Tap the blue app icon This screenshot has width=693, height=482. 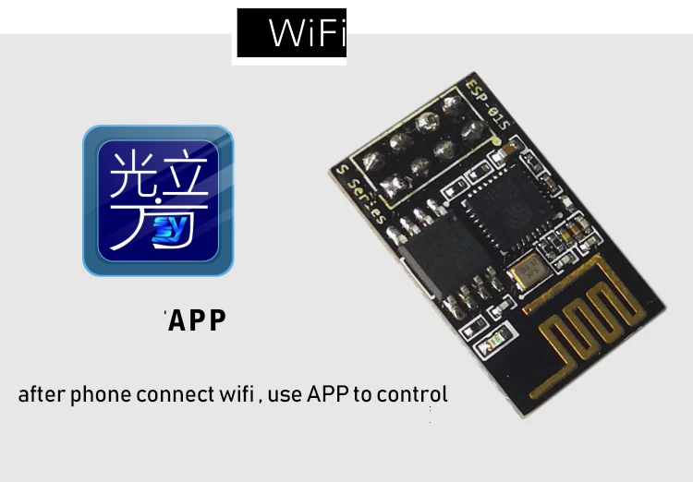click(158, 200)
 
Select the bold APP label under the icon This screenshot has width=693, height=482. click(196, 320)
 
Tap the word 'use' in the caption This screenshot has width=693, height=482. click(285, 395)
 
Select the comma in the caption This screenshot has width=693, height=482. click(261, 401)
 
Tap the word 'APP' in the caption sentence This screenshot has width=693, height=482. click(326, 394)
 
